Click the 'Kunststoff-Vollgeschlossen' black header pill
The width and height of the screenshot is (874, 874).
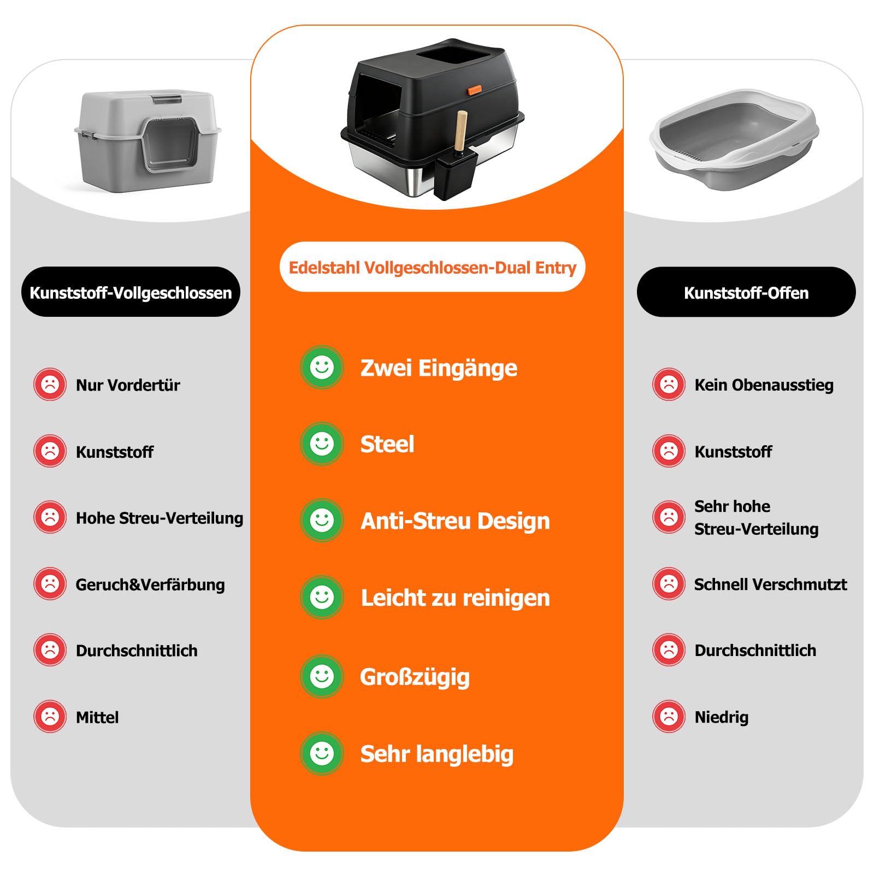[131, 292]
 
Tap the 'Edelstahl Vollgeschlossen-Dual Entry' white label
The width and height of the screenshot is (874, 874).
[432, 267]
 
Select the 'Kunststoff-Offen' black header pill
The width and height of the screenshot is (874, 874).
[746, 292]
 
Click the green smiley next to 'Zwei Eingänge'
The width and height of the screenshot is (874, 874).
[322, 367]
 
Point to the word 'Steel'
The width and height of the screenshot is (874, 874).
[387, 444]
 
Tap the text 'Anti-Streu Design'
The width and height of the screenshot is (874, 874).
[455, 521]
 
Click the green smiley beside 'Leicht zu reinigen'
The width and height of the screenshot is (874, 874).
[322, 597]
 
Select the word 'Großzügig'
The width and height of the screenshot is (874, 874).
[415, 677]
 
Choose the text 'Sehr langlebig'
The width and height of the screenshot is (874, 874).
[437, 754]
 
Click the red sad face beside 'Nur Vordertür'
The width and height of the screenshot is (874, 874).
[50, 385]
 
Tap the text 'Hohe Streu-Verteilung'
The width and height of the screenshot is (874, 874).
[160, 518]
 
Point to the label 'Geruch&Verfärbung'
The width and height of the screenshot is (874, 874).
[150, 584]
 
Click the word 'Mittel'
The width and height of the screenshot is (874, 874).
[97, 717]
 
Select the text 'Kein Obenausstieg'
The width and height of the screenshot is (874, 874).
[764, 385]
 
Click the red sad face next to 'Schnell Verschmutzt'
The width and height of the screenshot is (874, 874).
[669, 583]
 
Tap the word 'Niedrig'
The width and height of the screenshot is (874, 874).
[722, 717]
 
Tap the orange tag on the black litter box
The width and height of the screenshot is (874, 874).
[475, 89]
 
